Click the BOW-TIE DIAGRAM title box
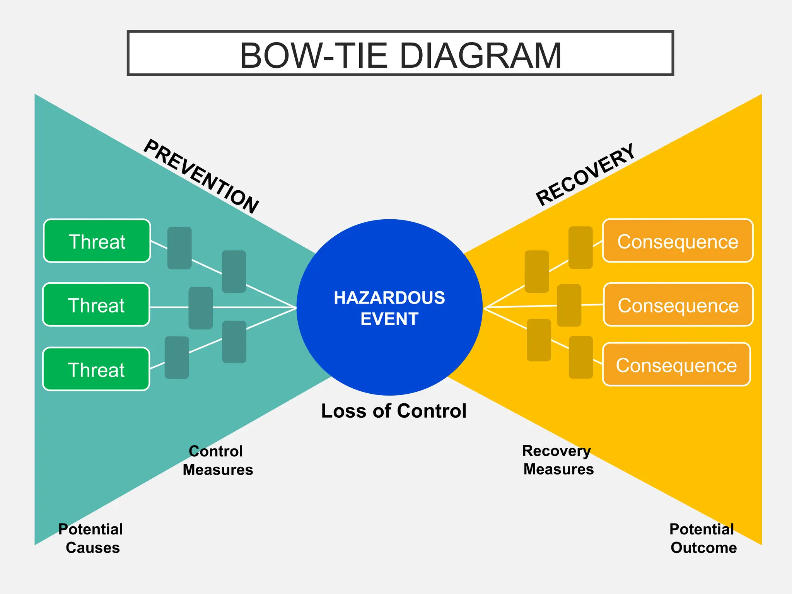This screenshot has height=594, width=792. (x=400, y=53)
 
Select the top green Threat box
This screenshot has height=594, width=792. (x=97, y=241)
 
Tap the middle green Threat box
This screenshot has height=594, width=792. (x=96, y=305)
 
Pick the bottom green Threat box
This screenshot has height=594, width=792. (x=96, y=369)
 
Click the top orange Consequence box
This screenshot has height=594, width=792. (x=678, y=241)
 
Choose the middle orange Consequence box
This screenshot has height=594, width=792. (x=678, y=305)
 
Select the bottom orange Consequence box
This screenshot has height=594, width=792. (x=676, y=364)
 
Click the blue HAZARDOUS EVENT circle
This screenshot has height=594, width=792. (x=389, y=307)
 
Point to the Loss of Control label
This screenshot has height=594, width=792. (x=394, y=411)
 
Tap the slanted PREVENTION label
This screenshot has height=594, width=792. (x=201, y=176)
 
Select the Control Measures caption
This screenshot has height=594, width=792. (x=217, y=460)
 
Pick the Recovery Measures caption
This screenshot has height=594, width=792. (x=558, y=460)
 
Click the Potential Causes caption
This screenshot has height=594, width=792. (x=91, y=538)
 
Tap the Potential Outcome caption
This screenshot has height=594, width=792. (x=703, y=538)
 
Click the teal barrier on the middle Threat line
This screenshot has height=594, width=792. (x=200, y=308)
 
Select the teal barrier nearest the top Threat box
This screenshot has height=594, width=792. (x=179, y=248)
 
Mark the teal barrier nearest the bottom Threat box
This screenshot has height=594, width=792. (x=177, y=357)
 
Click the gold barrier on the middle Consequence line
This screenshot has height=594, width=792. (x=569, y=305)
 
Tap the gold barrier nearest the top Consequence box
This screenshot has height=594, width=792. (x=580, y=247)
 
